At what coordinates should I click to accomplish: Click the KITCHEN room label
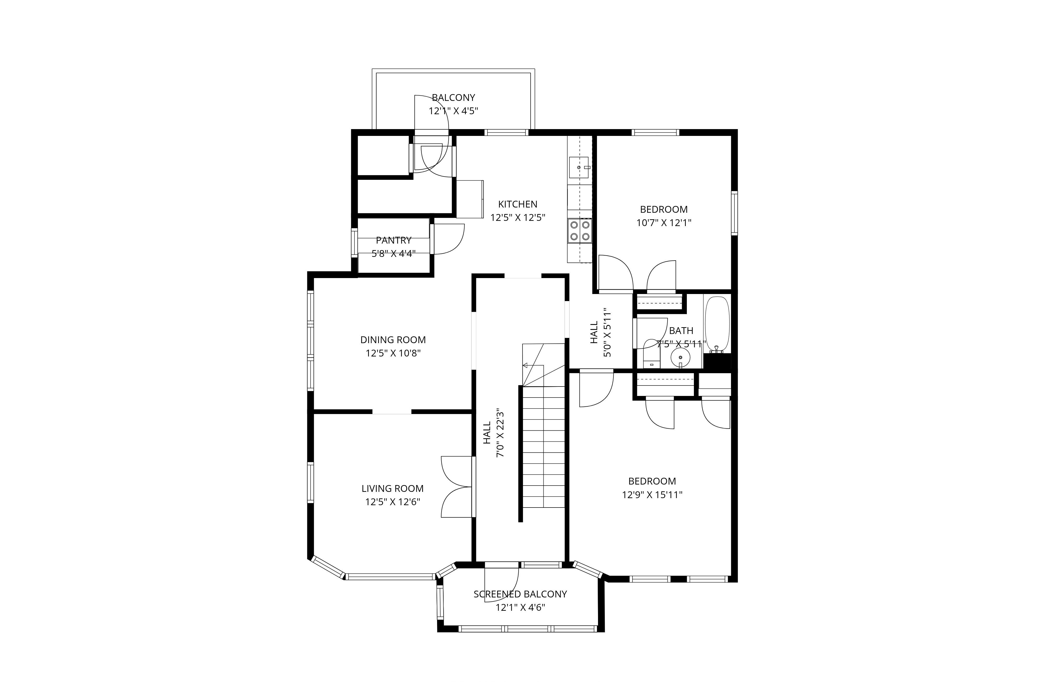tap(518, 204)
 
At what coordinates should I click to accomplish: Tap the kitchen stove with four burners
tap(580, 231)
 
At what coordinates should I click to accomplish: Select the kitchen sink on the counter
tap(579, 168)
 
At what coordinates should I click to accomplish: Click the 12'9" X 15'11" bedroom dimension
tap(652, 495)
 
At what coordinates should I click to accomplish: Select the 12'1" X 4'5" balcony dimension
tap(453, 111)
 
